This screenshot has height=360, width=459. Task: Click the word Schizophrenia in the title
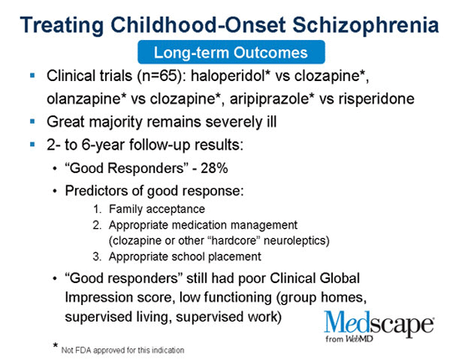coord(366,26)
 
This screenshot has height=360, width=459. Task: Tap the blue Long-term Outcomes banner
coord(231,52)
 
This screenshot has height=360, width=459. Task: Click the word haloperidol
coord(228,76)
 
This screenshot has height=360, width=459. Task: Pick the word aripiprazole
coord(270,99)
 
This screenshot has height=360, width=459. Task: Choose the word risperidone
coord(376,99)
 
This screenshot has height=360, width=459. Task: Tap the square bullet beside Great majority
coord(33,121)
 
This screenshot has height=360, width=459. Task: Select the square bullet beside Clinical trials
coord(33,75)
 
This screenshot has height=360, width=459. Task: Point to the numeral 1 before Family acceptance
coord(97,209)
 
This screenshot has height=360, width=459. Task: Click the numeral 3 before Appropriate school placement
coord(97,256)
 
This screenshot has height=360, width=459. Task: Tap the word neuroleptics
coord(295,241)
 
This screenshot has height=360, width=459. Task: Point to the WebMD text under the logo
coord(359,338)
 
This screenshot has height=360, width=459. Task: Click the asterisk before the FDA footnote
coord(55,345)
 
